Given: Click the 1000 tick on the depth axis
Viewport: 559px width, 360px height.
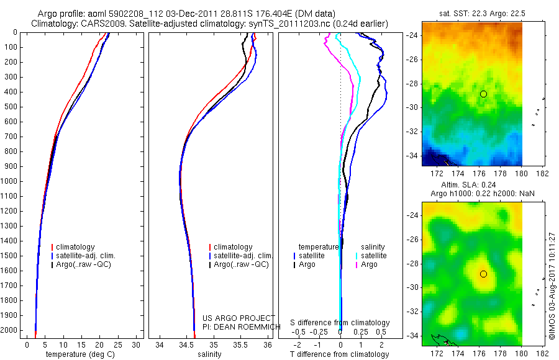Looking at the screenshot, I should (x=11, y=181).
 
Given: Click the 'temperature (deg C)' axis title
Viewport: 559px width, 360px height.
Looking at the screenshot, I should (x=81, y=354).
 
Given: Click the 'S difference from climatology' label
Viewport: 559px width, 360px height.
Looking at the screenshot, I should (x=340, y=323).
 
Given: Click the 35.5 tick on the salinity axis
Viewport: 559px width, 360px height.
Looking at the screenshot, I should (x=240, y=344).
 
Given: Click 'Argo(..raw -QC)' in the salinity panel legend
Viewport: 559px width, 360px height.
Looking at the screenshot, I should (x=241, y=264).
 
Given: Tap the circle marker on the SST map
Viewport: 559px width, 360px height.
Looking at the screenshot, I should (x=483, y=94).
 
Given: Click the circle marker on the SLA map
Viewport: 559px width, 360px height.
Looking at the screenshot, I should (x=483, y=274).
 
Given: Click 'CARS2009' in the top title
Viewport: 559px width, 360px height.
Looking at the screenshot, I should (x=99, y=24).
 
